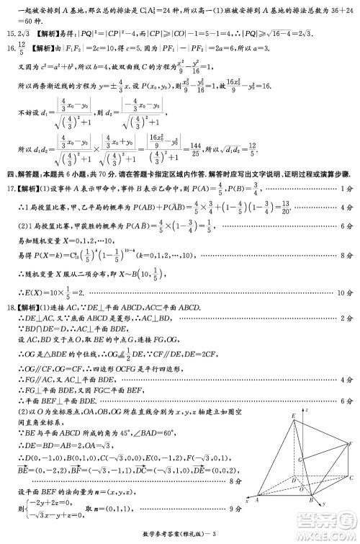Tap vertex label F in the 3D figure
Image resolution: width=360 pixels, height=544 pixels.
351,443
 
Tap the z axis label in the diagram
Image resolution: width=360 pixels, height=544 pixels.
308,409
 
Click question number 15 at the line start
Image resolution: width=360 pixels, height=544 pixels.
9,34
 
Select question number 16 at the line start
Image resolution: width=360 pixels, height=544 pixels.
9,47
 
